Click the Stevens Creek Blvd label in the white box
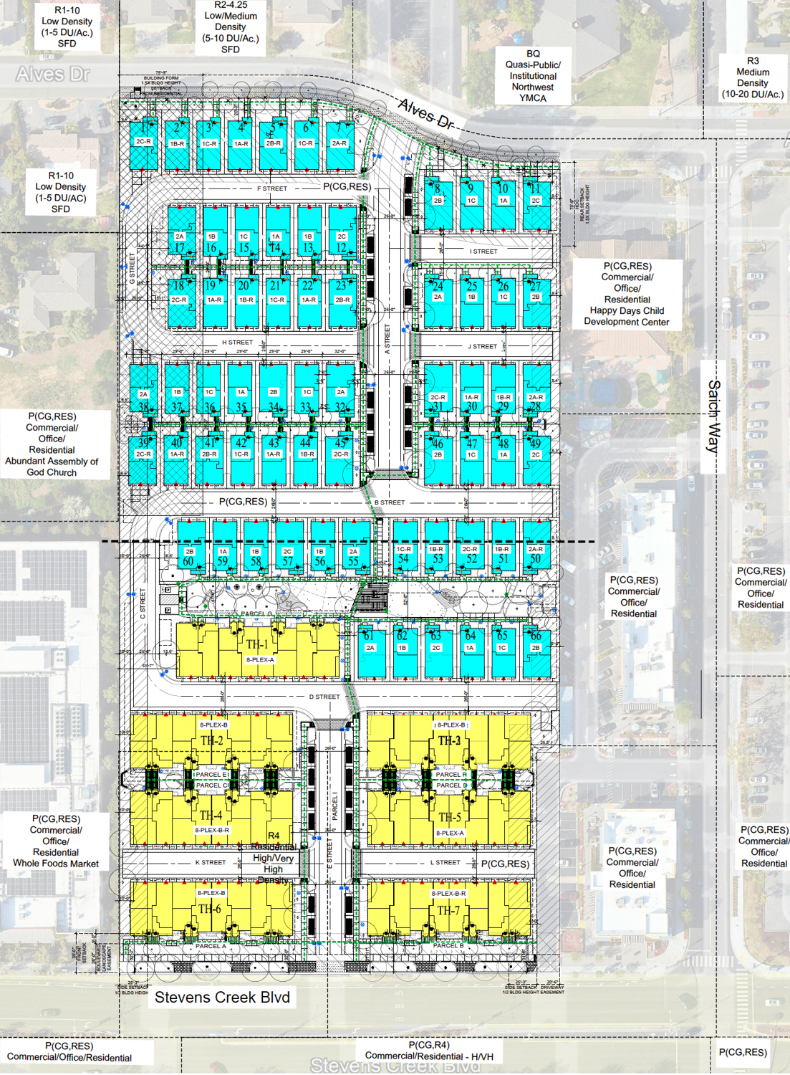click(222, 997)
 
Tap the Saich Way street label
click(713, 416)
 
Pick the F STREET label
click(272, 188)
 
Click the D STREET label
click(324, 697)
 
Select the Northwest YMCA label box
click(533, 76)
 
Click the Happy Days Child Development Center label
click(627, 294)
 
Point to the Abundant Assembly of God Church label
click(52, 444)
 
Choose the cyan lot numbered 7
click(339, 145)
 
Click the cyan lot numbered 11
click(536, 204)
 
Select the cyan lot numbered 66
click(536, 651)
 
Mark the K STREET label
click(211, 862)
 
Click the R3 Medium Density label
click(753, 77)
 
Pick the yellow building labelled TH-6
click(211, 908)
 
